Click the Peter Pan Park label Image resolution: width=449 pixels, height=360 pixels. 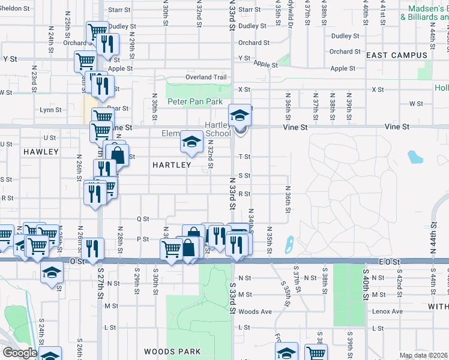point(199,102)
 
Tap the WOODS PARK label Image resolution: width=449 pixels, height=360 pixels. point(169,351)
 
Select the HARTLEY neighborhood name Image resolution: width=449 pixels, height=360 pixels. point(172,164)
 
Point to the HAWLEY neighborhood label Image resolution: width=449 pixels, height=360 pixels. point(41,152)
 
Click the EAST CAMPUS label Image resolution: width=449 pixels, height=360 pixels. point(396,55)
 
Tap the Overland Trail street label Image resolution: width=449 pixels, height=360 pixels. point(206,77)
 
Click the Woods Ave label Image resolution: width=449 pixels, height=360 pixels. point(255,311)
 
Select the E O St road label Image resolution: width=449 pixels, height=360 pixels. point(389,262)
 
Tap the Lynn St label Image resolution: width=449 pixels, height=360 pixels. point(50,110)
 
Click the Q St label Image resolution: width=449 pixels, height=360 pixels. point(142,220)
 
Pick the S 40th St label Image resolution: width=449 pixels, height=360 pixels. point(364,280)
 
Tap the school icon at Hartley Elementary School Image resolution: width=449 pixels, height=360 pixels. point(190,142)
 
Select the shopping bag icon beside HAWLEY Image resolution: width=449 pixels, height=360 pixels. point(118,155)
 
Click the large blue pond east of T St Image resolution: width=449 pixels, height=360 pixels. point(415,157)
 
